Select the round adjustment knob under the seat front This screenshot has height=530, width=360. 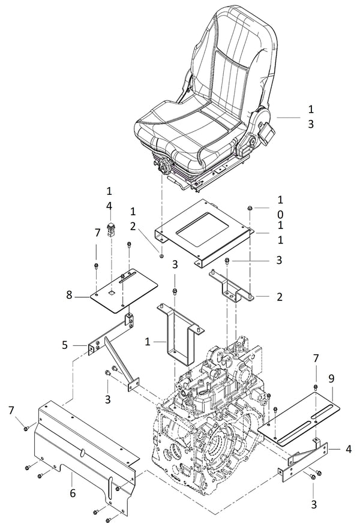pyautogui.click(x=163, y=165)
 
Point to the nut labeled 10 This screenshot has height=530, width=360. pyautogui.click(x=249, y=208)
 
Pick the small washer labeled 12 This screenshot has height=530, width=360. pyautogui.click(x=161, y=255)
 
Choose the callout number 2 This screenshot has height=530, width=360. pyautogui.click(x=279, y=297)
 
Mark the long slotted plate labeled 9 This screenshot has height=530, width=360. pyautogui.click(x=300, y=417)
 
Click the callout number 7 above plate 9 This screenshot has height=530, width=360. pyautogui.click(x=316, y=358)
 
